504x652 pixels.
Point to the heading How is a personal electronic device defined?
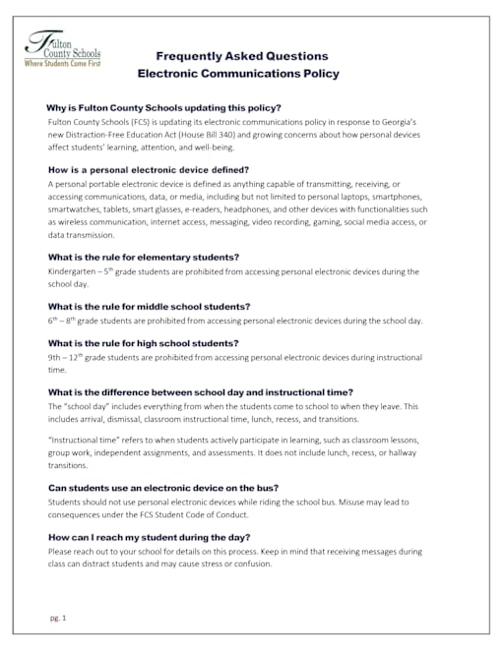pos(148,170)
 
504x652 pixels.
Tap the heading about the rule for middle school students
pos(149,306)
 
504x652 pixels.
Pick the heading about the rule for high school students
pos(143,343)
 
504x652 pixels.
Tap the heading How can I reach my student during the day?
pos(149,538)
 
